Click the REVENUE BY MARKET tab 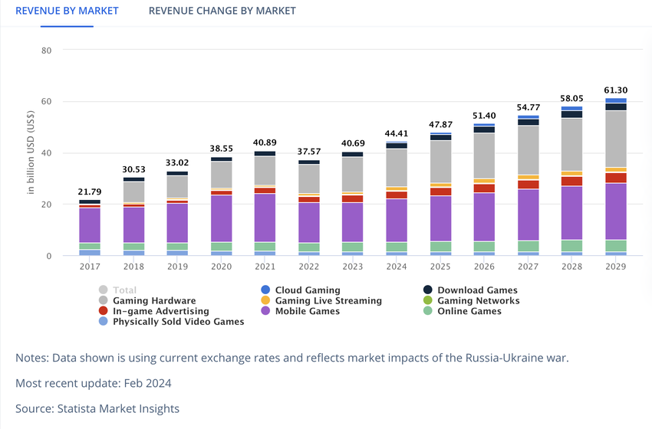(x=67, y=11)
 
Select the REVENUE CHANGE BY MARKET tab (x=222, y=11)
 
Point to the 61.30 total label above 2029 (x=616, y=90)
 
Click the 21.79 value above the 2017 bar (x=90, y=192)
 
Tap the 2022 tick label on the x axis (x=308, y=267)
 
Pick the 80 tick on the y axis (x=46, y=51)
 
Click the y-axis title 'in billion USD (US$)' (x=31, y=153)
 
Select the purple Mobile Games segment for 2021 (x=265, y=218)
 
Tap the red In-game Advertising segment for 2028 (x=571, y=181)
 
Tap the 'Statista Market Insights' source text (x=118, y=408)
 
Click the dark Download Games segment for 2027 (x=528, y=122)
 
